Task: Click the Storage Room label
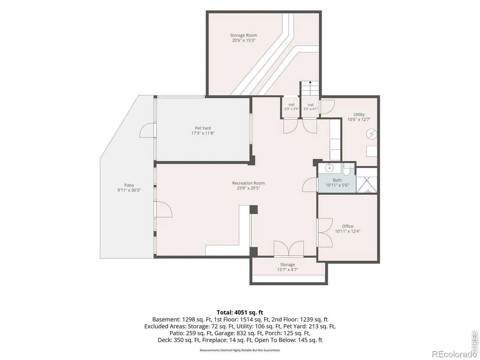coord(243,35)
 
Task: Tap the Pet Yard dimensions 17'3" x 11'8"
coord(203,133)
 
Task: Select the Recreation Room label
coord(248,183)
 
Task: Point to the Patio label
coord(129,185)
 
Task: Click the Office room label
coord(347,226)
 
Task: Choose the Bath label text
coord(337,180)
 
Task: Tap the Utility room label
coord(359,114)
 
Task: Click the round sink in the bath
coord(329,168)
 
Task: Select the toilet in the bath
coord(346,169)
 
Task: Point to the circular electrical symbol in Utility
coord(371,134)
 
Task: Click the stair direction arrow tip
coord(310,82)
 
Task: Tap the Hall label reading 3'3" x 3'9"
coord(291,107)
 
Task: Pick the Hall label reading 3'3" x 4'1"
coord(310,107)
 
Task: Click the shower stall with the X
coord(367,185)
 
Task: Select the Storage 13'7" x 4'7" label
coord(287,267)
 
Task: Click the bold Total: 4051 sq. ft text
coord(240,312)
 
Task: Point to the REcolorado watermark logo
coord(454,354)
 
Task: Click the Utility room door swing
coord(327,107)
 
